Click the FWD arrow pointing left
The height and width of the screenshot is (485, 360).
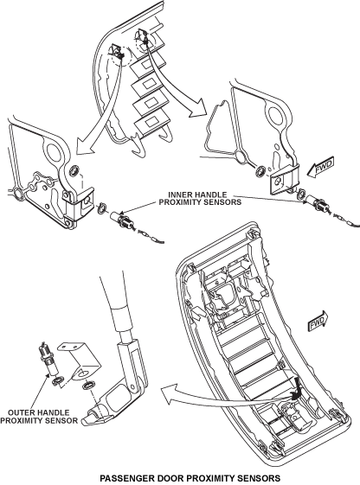click(321, 168)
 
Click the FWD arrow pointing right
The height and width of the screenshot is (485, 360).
click(318, 321)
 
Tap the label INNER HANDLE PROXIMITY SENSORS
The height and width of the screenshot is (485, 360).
click(200, 198)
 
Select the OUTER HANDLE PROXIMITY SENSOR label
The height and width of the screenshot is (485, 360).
click(39, 417)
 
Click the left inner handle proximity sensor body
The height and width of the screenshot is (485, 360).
click(122, 219)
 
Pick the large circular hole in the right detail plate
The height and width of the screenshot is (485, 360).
click(275, 116)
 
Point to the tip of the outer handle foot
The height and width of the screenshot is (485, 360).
click(84, 421)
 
